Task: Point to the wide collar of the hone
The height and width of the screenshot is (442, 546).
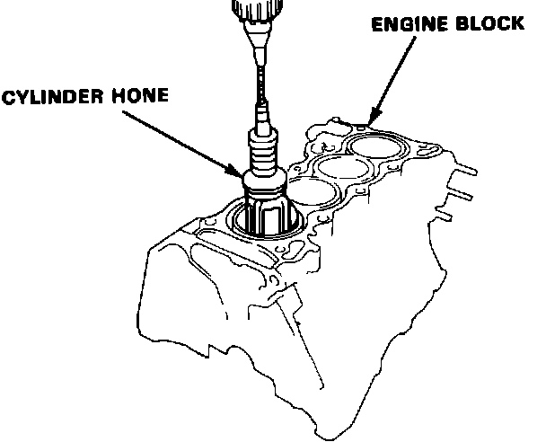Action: coord(264,185)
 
